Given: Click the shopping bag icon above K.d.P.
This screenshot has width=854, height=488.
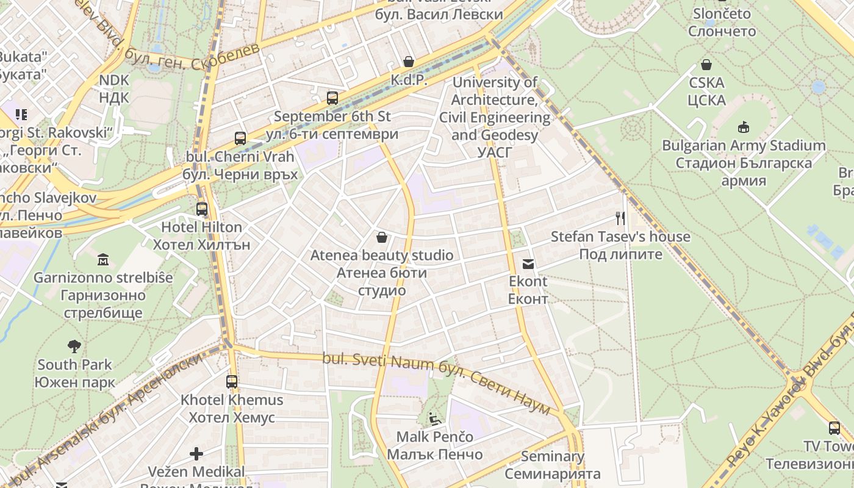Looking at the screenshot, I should (x=408, y=62).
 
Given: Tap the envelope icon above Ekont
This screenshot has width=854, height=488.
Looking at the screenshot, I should (x=528, y=264).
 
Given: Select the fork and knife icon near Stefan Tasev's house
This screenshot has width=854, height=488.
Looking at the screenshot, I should (x=620, y=218).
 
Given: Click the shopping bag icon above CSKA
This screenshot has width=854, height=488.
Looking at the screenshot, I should (x=706, y=65).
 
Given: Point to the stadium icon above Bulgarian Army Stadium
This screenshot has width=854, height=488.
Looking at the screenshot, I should (x=743, y=127).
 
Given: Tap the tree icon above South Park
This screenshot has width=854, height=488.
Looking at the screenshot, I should (x=74, y=346).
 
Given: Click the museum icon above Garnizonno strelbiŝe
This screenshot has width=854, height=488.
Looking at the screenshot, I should (x=102, y=259).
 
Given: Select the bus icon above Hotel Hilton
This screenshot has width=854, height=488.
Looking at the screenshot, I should (x=201, y=209).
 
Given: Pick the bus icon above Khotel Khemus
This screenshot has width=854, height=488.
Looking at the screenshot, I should (x=232, y=382).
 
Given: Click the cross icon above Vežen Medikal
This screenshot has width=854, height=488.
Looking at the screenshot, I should (x=196, y=453).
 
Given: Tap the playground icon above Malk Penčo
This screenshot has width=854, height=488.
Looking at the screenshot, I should (x=434, y=418).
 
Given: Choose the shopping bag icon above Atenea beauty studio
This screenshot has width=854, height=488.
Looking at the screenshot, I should (x=382, y=237).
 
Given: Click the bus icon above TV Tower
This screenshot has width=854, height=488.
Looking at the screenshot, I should (x=834, y=428).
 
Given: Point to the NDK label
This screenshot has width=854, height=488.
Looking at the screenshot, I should (x=114, y=80).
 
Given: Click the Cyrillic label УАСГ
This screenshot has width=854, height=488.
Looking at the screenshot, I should (x=494, y=152).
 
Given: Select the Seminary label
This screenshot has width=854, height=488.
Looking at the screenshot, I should (x=552, y=456).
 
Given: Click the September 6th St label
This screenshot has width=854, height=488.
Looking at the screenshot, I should (x=332, y=117).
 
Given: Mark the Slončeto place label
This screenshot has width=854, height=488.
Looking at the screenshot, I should (x=722, y=13).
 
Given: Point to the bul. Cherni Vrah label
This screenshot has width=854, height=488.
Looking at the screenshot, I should (x=240, y=157).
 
